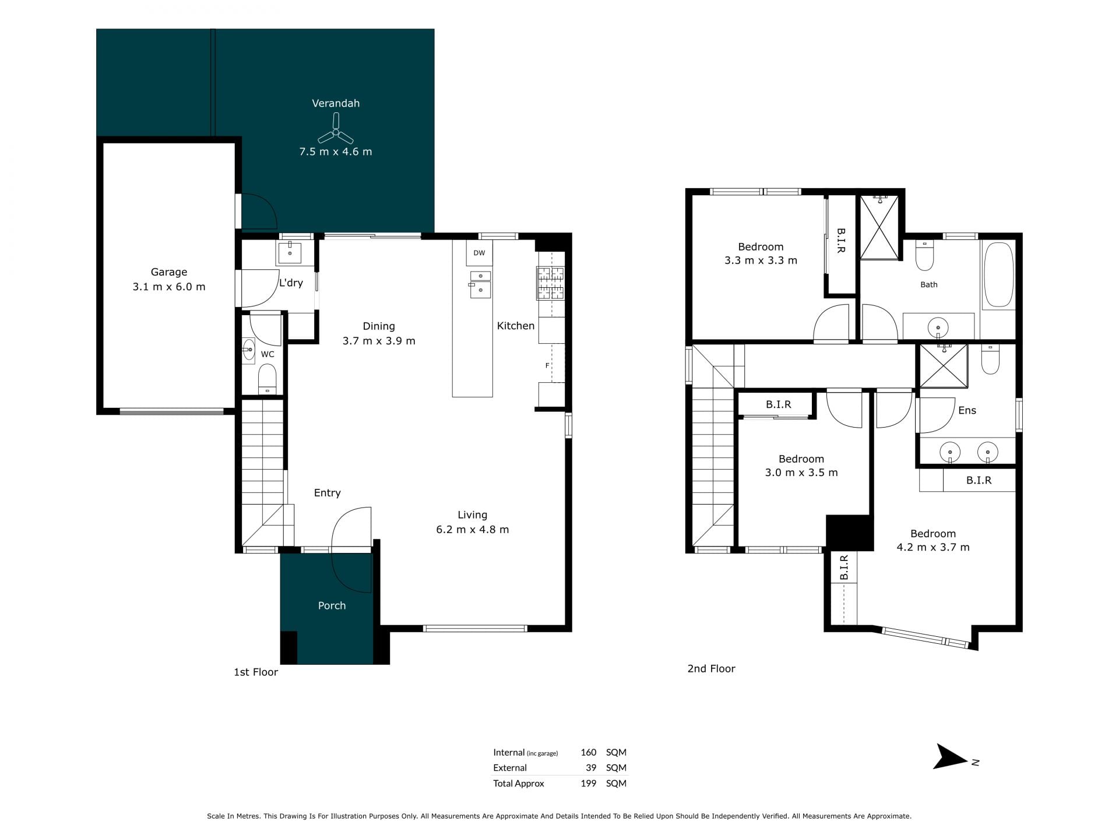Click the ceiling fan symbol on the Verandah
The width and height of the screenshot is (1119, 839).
tap(336, 133)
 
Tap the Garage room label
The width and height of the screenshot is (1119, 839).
tap(169, 272)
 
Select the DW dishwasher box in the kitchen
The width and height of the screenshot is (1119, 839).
tap(479, 253)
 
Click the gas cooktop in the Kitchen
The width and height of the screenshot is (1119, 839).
tap(551, 283)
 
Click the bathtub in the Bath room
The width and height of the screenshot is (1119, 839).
tap(998, 274)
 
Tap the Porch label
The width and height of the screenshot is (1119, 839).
tap(332, 606)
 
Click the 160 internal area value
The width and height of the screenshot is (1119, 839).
tap(589, 752)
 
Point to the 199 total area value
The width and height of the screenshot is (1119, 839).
tap(589, 784)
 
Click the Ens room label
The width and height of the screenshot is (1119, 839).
tap(967, 411)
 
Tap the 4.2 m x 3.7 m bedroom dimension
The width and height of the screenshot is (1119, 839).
tap(933, 547)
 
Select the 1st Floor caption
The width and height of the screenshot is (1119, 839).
tap(256, 672)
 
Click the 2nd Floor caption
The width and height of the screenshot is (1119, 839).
tap(711, 669)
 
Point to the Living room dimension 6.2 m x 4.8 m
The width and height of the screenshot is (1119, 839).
tap(473, 530)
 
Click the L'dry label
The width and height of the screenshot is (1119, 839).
tap(291, 283)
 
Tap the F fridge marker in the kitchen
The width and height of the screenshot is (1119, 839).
tap(547, 366)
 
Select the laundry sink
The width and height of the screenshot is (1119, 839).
tap(290, 252)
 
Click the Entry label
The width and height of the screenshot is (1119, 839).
tap(328, 493)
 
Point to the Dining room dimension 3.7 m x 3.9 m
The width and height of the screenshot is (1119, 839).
tap(379, 341)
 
